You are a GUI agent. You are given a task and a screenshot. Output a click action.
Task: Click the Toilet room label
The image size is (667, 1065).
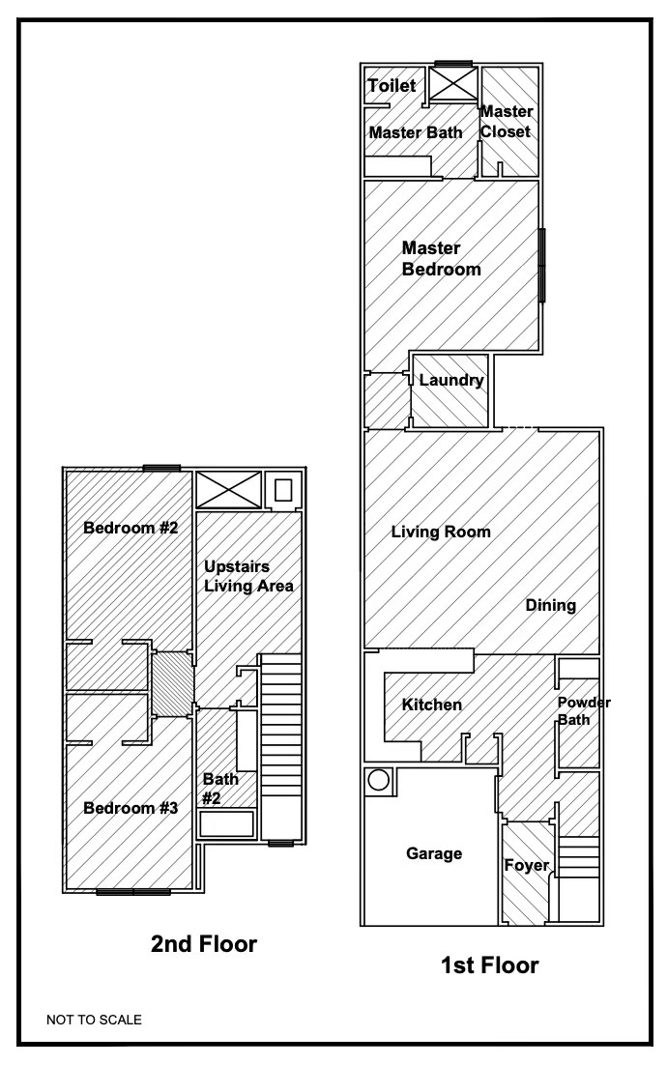tap(391, 86)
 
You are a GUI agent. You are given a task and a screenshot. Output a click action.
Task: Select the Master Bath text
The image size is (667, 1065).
tap(416, 132)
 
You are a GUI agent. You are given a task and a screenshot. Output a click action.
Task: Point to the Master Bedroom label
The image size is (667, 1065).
tap(441, 259)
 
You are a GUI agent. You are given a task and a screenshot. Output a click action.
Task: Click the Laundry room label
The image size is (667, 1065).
tap(451, 381)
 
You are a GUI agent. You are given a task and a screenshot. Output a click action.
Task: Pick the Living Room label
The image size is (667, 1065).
tap(441, 532)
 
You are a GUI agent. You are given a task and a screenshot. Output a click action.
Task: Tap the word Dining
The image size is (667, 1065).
tap(551, 606)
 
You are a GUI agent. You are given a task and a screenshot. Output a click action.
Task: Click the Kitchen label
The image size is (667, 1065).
tap(431, 705)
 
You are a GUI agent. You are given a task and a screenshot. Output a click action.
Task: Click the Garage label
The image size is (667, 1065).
tap(434, 853)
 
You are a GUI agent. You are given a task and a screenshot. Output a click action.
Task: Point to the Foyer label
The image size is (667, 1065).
tap(527, 865)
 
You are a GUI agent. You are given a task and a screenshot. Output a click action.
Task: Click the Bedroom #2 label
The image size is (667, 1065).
tap(130, 528)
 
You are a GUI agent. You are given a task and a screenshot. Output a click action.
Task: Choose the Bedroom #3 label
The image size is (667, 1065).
tap(130, 808)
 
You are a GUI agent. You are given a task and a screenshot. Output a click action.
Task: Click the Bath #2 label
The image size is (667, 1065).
tap(216, 788)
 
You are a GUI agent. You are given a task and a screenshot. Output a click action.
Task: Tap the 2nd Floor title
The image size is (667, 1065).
tap(204, 944)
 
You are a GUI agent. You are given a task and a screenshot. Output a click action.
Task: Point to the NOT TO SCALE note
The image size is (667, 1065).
tap(94, 1019)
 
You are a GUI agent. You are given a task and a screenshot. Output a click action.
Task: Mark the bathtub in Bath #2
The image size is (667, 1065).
tap(227, 824)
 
